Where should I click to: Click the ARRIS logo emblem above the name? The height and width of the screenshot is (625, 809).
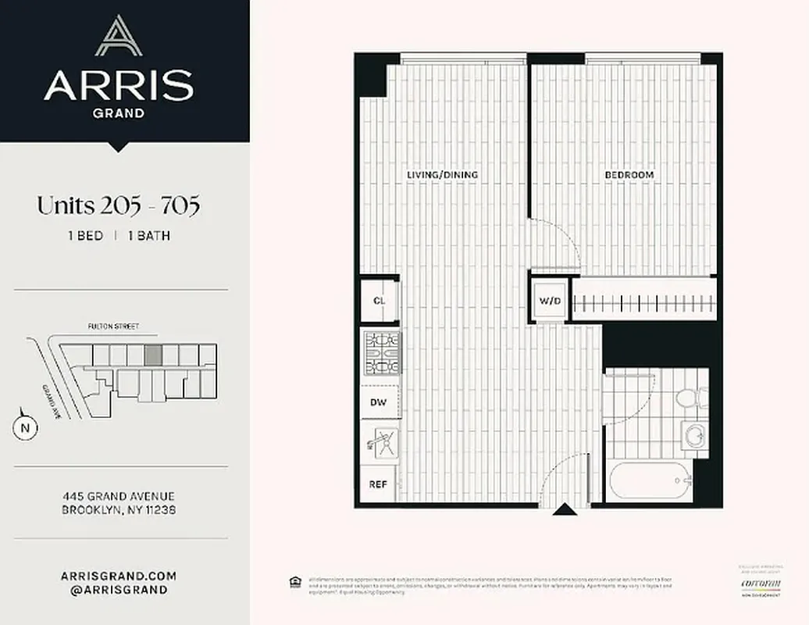pyautogui.click(x=119, y=37)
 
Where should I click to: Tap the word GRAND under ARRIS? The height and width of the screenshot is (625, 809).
pyautogui.click(x=119, y=112)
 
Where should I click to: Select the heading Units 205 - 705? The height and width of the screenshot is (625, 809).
pyautogui.click(x=119, y=206)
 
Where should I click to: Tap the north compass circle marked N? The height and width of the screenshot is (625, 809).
pyautogui.click(x=25, y=427)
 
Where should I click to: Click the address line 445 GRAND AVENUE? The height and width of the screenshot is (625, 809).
pyautogui.click(x=119, y=496)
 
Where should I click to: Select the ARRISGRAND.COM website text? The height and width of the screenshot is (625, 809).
pyautogui.click(x=119, y=576)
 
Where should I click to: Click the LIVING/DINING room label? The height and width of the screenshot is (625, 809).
pyautogui.click(x=442, y=175)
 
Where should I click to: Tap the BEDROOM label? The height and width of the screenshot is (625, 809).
pyautogui.click(x=629, y=175)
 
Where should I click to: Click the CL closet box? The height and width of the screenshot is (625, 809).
pyautogui.click(x=380, y=301)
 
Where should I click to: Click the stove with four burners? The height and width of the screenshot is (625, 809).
pyautogui.click(x=382, y=353)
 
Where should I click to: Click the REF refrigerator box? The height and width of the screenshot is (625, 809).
pyautogui.click(x=378, y=484)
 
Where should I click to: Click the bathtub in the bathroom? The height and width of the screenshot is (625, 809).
pyautogui.click(x=650, y=480)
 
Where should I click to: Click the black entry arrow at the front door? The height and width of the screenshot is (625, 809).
pyautogui.click(x=565, y=510)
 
